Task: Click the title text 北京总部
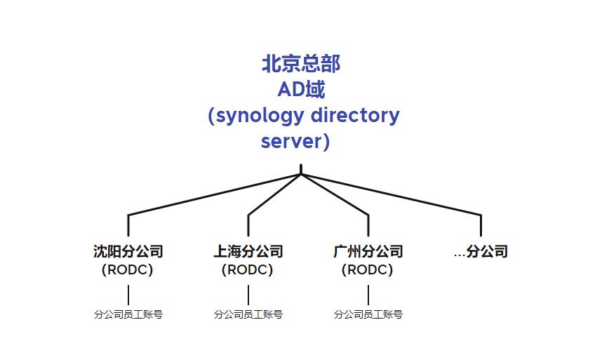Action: [301, 64]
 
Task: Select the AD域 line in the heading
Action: [301, 89]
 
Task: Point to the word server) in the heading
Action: [295, 141]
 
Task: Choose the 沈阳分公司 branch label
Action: [128, 251]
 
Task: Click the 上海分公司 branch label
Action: [248, 251]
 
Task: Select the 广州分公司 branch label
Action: [368, 251]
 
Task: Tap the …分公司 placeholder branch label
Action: [481, 251]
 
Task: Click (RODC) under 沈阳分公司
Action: [128, 269]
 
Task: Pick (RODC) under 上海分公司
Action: [248, 269]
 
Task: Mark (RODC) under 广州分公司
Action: [368, 269]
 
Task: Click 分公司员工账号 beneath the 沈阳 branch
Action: [128, 314]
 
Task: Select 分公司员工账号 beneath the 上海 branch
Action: [248, 314]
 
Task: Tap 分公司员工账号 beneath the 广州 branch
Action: [368, 314]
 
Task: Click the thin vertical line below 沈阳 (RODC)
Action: [128, 295]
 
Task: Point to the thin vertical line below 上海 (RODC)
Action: [248, 295]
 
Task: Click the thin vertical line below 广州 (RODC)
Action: [368, 295]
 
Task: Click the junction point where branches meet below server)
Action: [301, 173]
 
